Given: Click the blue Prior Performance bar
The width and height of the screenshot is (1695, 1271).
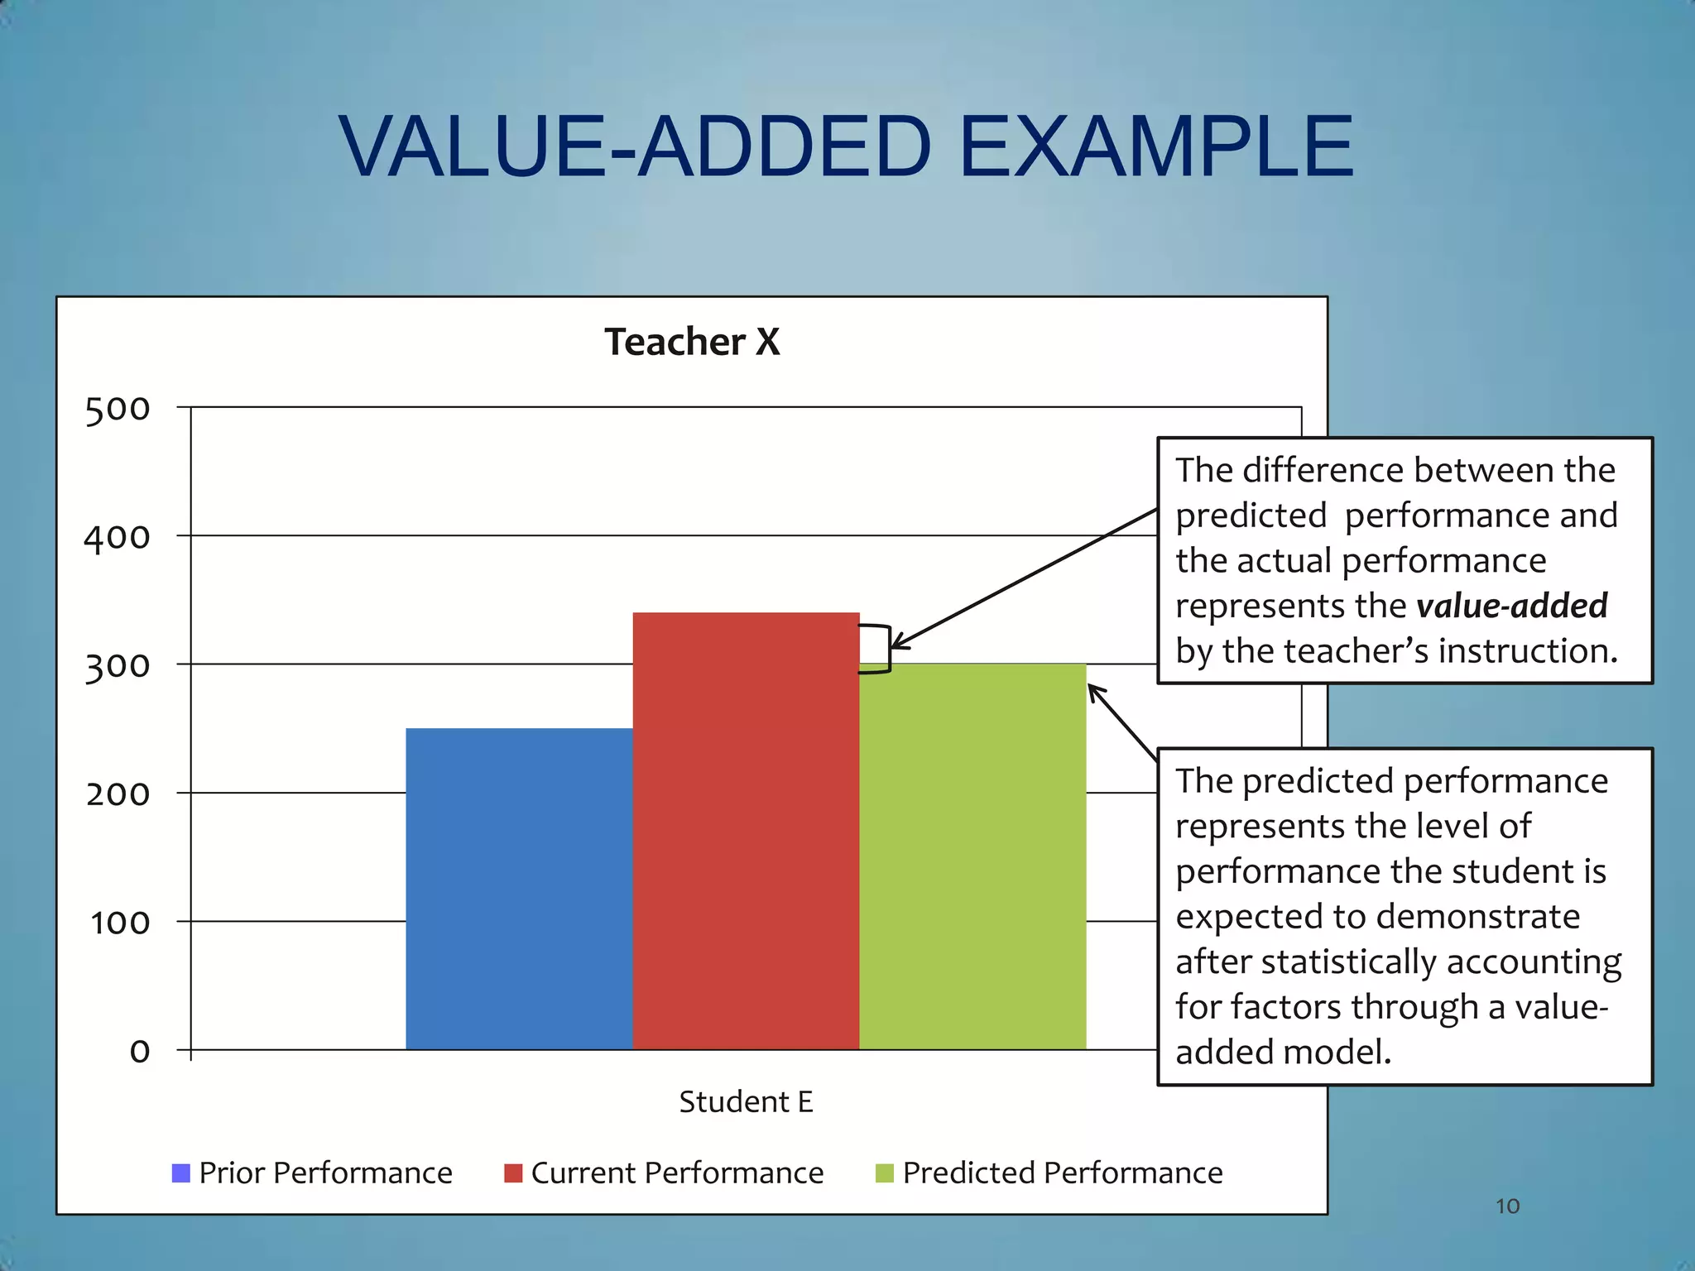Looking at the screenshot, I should (x=519, y=889).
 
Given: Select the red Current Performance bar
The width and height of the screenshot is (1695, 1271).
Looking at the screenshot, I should (x=746, y=831).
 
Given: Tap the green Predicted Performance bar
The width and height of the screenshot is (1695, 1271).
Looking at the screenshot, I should (x=972, y=856).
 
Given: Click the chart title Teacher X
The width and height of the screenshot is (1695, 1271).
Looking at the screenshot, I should (x=692, y=342).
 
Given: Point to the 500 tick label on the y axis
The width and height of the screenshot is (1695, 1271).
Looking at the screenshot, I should (x=118, y=409).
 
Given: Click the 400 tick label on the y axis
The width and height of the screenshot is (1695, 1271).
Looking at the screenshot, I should (x=118, y=537).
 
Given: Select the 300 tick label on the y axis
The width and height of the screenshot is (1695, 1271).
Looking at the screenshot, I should (x=118, y=666).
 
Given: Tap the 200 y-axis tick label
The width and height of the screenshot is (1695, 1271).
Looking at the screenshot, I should (x=118, y=794).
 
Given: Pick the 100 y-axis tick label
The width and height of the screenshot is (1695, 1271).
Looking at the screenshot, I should (x=119, y=923).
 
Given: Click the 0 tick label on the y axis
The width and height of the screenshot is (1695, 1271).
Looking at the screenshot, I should (x=140, y=1052).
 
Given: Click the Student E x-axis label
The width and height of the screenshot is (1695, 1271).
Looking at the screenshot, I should (x=746, y=1102).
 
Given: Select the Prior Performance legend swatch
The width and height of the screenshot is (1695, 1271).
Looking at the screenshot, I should (x=180, y=1173).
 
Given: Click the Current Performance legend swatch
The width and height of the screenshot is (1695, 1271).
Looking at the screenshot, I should (x=513, y=1173).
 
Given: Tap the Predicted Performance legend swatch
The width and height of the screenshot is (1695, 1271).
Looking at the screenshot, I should (x=884, y=1173).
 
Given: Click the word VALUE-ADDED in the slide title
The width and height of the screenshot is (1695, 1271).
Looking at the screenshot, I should (x=635, y=146).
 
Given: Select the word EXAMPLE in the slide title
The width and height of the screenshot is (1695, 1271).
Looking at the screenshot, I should (x=1156, y=146).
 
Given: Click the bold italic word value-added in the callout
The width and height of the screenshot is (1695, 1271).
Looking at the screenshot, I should (x=1511, y=606).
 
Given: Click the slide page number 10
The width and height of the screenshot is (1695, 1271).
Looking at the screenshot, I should (x=1507, y=1206).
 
